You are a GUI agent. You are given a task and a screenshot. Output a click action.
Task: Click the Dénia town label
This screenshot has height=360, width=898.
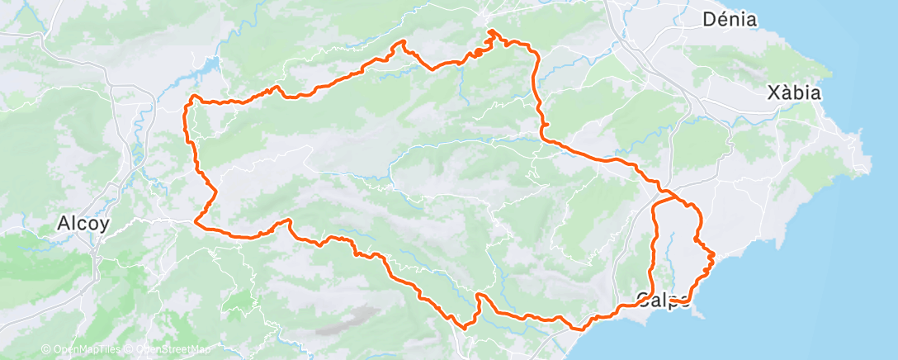pos(729,19)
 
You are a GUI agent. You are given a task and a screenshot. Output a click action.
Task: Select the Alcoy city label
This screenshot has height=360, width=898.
pos(84,223)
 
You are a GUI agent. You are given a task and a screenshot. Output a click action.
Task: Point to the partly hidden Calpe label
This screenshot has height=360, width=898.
pos(664,299)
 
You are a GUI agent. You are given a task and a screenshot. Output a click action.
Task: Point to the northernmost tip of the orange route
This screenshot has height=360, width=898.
pos(492,31)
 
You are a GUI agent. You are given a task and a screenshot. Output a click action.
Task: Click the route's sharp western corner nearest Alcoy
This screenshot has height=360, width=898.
pos(196,220)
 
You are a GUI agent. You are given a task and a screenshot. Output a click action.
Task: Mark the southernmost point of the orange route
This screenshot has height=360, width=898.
pos(465,328)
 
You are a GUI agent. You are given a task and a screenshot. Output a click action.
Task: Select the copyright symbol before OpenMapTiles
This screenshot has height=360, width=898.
pos(46,350)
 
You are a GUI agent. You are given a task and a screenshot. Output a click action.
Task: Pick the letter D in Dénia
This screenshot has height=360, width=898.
pos(708,19)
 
